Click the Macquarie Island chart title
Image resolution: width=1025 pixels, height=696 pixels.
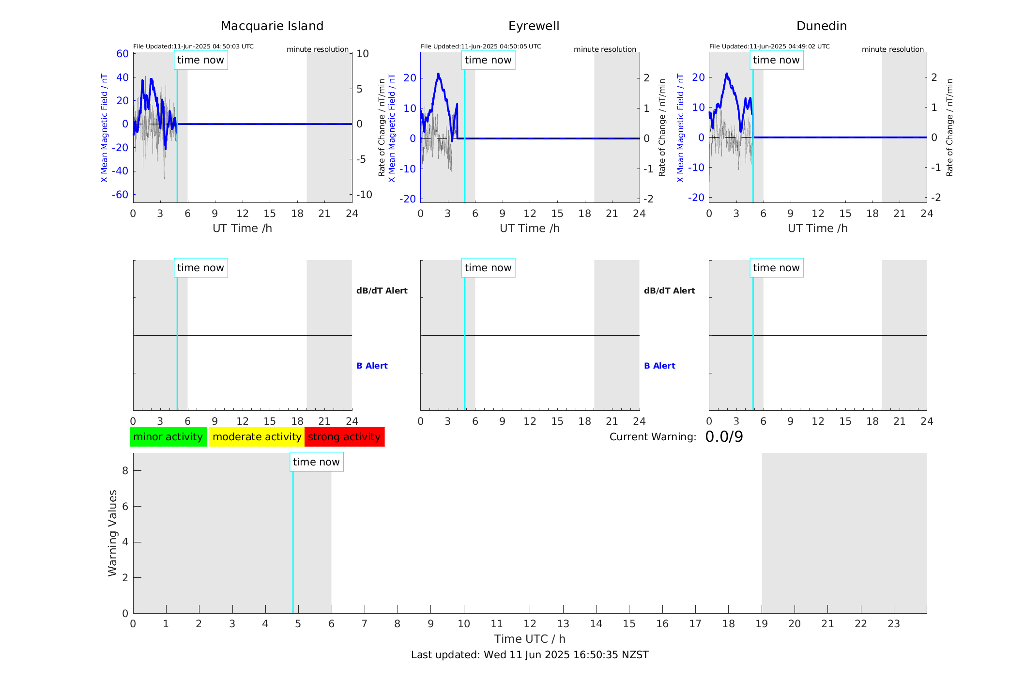click(x=272, y=26)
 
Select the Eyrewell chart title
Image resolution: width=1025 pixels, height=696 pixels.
click(x=534, y=26)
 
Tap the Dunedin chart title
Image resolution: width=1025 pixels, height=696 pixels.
click(x=821, y=26)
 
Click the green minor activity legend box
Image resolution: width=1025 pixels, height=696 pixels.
click(x=168, y=437)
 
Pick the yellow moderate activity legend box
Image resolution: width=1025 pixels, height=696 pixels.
click(x=257, y=437)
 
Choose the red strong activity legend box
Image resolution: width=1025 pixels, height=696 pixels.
click(x=344, y=437)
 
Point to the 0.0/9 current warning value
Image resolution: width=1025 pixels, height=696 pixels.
click(x=724, y=437)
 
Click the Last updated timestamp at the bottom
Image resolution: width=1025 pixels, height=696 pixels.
click(x=530, y=655)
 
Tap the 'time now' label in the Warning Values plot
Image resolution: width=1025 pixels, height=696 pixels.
click(x=316, y=462)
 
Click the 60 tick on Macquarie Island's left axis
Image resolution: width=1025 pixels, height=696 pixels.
click(x=122, y=54)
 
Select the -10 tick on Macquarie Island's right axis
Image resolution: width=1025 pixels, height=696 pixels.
click(x=364, y=195)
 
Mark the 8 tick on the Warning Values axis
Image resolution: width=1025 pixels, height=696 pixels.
click(x=125, y=470)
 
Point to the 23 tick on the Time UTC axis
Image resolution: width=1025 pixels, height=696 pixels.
click(x=893, y=624)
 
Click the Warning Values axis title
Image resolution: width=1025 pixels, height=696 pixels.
click(x=113, y=533)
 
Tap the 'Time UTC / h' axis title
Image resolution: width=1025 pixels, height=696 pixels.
click(x=530, y=639)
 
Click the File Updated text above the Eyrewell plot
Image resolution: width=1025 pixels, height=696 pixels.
click(x=481, y=46)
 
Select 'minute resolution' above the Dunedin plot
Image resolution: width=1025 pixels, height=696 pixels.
click(x=892, y=49)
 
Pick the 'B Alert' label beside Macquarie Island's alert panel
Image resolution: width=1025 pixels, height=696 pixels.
click(x=372, y=366)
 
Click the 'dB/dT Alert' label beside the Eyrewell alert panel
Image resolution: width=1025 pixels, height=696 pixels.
click(x=669, y=291)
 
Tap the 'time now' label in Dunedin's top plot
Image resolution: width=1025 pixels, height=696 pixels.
click(x=776, y=60)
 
